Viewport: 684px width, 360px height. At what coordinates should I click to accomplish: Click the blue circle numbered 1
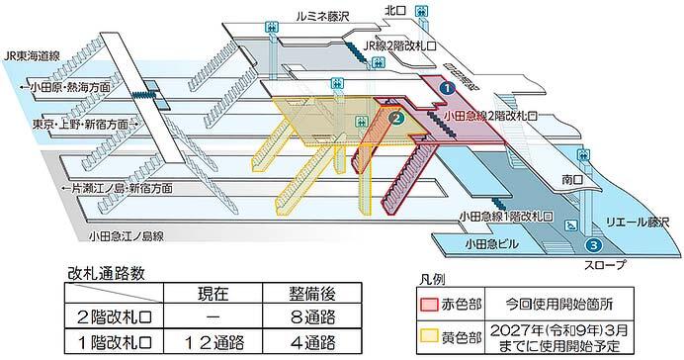[446, 87]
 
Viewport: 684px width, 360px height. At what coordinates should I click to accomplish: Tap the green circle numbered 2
[397, 119]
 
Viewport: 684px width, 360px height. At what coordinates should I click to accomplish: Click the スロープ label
[591, 265]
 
